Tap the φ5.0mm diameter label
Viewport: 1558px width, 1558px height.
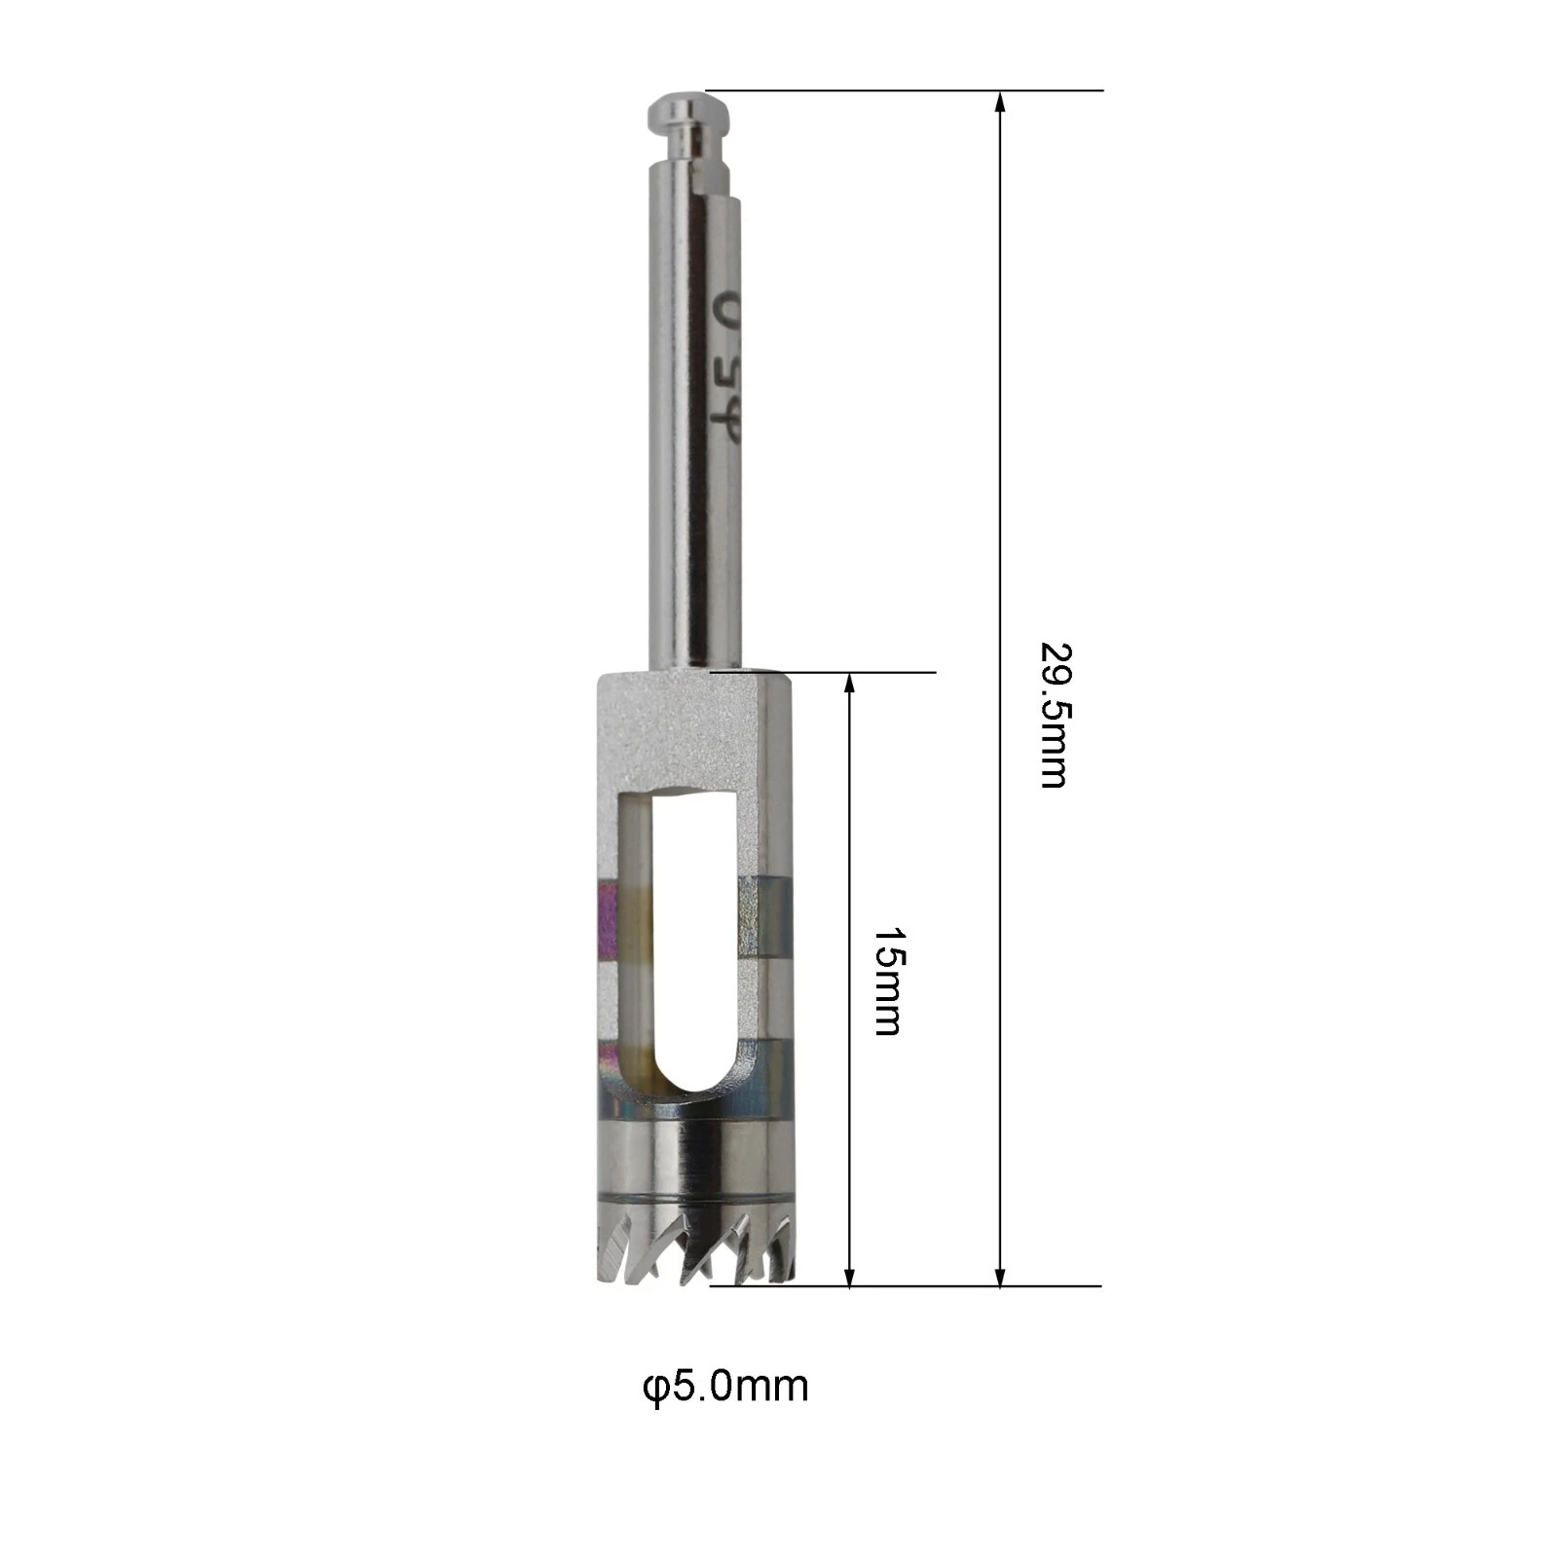[x=725, y=1386]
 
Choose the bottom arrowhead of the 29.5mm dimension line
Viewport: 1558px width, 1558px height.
[x=1000, y=1273]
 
